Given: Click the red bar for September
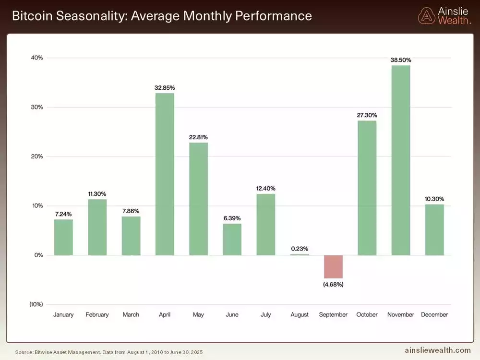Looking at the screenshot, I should (x=333, y=266).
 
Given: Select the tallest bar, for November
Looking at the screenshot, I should (x=401, y=160).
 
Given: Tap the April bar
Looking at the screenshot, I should (x=165, y=174).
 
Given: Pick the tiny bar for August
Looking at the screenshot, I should (x=300, y=254).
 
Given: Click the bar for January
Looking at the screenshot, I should (x=63, y=237).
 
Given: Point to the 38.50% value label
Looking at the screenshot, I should (x=401, y=60).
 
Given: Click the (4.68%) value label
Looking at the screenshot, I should (x=333, y=284).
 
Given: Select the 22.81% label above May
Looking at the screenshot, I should (x=198, y=137).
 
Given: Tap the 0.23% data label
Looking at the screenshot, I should (x=300, y=249).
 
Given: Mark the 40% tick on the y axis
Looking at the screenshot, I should (x=37, y=58).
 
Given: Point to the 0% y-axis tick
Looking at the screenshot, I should (x=38, y=255).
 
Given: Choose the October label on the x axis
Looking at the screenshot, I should (x=367, y=315).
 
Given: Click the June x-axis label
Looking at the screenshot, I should (x=232, y=315).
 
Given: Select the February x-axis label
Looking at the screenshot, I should (x=97, y=315).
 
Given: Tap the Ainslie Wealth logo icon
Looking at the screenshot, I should (x=426, y=16).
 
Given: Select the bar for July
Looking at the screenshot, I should (x=265, y=224).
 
